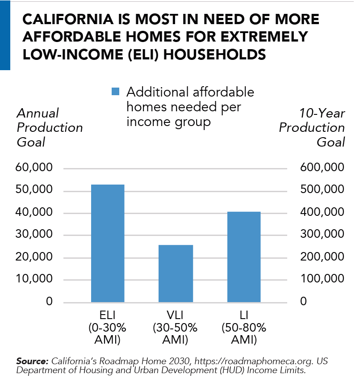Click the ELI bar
point(108,243)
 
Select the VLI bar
point(176,273)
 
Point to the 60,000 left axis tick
point(34,168)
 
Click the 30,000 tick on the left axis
point(34,235)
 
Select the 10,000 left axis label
point(34,279)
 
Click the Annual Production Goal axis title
point(49,127)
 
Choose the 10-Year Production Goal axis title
point(312,127)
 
